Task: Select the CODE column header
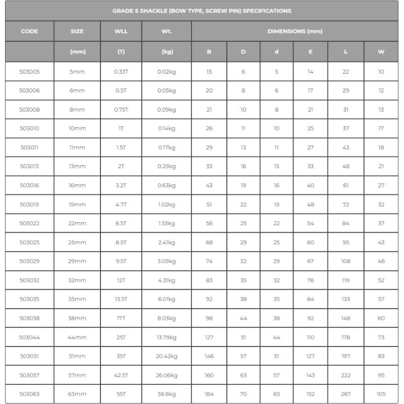[x=29, y=31]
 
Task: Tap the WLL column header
[x=121, y=31]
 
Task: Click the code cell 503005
[x=29, y=72]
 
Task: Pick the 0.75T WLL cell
[x=121, y=110]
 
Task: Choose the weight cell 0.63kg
[x=166, y=185]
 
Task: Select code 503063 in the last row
[x=29, y=394]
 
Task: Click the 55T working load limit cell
[x=121, y=394]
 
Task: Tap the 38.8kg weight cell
[x=166, y=394]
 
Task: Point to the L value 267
[x=345, y=394]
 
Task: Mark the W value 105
[x=381, y=394]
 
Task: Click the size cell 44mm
[x=77, y=337]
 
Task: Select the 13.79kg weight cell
[x=166, y=337]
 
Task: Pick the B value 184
[x=209, y=394]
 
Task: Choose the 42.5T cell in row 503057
[x=121, y=375]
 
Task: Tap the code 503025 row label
[x=29, y=242]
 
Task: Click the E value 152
[x=310, y=394]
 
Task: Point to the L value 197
[x=345, y=356]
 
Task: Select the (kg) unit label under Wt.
[x=166, y=52]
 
